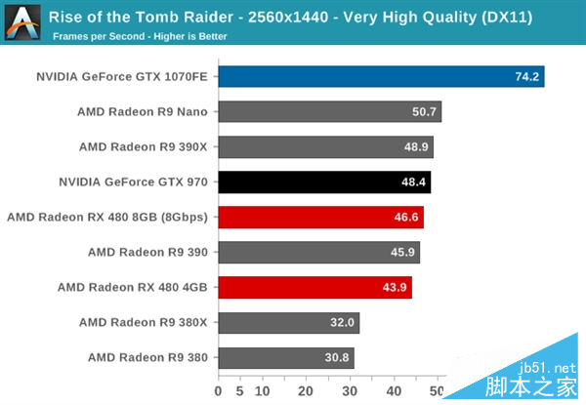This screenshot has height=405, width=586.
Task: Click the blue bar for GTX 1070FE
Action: tap(381, 77)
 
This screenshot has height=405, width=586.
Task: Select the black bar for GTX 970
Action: tap(324, 182)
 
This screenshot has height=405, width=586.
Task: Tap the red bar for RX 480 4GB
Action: tap(314, 287)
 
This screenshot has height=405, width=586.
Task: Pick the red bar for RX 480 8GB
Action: tap(320, 217)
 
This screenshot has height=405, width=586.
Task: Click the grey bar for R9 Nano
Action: tap(329, 111)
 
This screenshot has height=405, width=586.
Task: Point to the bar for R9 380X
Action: tap(288, 322)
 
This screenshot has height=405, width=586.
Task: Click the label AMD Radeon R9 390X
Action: tap(144, 146)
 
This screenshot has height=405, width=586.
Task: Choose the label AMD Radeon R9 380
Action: tap(147, 357)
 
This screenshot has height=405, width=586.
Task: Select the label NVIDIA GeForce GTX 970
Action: tap(133, 182)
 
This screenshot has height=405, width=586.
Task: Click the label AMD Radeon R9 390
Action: tap(147, 252)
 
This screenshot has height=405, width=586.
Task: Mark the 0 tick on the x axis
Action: tap(219, 392)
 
